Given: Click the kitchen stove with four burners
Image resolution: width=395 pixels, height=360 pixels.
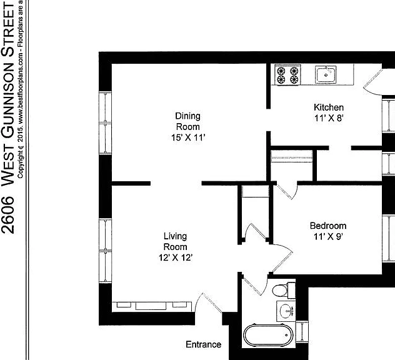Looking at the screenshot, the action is (287, 75).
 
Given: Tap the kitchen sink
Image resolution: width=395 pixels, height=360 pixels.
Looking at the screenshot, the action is (326, 74).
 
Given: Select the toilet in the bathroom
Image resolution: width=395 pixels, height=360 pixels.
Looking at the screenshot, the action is (284, 290).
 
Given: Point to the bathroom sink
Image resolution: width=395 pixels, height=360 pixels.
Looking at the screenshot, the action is (286, 311).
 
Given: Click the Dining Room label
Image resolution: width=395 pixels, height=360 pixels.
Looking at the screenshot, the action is (188, 121).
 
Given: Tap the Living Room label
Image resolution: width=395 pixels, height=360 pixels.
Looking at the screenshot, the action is (176, 241).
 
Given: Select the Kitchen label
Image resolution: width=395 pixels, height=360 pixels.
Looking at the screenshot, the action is (329, 107).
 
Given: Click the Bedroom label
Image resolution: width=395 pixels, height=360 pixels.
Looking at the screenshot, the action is (328, 226).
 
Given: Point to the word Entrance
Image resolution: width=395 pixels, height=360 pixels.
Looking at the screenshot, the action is (204, 344).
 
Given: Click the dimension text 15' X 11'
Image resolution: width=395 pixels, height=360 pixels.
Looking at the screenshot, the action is (188, 137).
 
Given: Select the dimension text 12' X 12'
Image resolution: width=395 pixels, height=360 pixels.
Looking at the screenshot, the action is (176, 257).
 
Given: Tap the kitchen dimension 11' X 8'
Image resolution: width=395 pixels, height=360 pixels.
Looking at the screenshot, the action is (329, 118).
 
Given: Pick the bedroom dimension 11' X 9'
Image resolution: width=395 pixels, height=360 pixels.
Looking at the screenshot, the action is (329, 236).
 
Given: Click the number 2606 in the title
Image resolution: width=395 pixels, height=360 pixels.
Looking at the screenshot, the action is (7, 215).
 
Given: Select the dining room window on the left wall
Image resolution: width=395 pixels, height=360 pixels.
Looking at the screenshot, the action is (105, 122).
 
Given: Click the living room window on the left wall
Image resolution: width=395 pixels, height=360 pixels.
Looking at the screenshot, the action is (105, 251).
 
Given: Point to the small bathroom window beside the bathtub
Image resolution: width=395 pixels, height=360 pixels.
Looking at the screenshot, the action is (302, 332).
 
